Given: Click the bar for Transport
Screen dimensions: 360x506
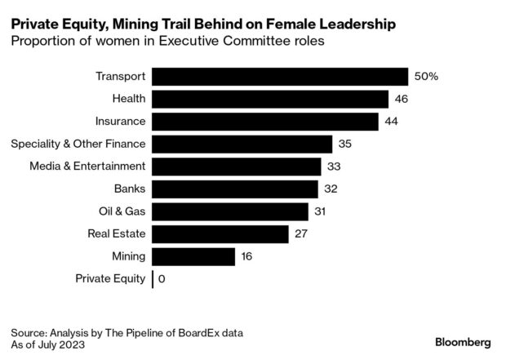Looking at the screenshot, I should [x=280, y=77].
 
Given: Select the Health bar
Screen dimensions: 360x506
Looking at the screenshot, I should [x=270, y=99].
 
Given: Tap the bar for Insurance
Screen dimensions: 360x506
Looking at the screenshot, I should [x=265, y=122].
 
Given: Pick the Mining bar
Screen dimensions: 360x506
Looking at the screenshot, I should [x=193, y=256].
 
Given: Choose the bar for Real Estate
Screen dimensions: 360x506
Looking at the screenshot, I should [x=220, y=234].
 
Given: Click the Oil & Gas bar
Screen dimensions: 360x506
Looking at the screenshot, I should [x=230, y=211].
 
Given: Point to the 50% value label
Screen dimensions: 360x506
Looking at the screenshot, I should [x=426, y=77].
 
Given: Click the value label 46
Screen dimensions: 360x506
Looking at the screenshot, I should [x=402, y=99].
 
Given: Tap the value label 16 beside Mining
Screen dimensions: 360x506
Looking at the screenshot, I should [x=248, y=256].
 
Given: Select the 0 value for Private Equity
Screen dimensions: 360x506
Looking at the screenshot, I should [x=162, y=279].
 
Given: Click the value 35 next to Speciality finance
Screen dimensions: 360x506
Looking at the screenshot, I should [x=346, y=144].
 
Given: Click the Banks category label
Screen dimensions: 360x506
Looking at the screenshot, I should [x=130, y=189].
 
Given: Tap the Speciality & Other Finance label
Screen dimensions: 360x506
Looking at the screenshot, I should [x=78, y=144].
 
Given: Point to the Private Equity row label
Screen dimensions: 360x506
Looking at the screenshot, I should [x=110, y=279].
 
